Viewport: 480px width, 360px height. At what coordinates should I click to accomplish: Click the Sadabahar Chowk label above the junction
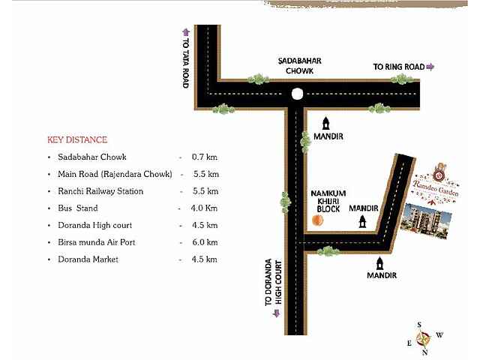click(x=294, y=66)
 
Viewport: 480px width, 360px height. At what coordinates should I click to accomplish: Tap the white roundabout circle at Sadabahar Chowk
click(x=297, y=94)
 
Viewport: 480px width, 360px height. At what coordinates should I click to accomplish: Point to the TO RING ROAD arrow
click(x=430, y=67)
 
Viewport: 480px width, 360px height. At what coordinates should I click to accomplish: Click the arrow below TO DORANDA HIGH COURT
click(x=276, y=313)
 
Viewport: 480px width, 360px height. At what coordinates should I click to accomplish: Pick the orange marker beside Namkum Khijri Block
click(x=317, y=220)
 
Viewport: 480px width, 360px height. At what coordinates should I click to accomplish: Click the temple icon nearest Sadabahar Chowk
click(x=326, y=122)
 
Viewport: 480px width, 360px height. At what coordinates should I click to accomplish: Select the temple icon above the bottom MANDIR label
click(x=379, y=263)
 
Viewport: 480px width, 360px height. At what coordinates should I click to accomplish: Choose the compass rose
click(x=424, y=337)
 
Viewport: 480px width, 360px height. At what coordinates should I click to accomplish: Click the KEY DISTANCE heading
click(x=77, y=140)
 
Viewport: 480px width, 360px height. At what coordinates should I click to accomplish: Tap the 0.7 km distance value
click(x=204, y=157)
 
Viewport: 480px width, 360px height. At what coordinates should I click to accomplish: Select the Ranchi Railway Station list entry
click(x=100, y=191)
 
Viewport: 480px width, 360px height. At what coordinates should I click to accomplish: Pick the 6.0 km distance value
click(x=204, y=242)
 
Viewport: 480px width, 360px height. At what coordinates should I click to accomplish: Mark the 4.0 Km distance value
click(x=204, y=208)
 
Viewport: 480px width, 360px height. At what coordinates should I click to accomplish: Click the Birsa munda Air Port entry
click(x=100, y=242)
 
